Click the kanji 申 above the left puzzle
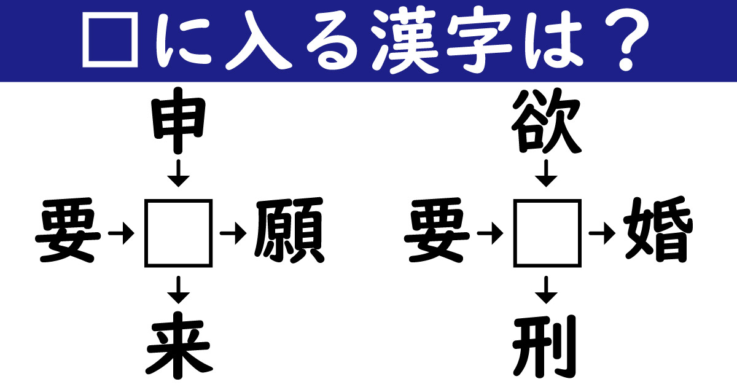point(178,120)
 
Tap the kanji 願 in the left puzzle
point(289,230)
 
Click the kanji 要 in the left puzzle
point(68,230)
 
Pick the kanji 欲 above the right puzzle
point(547,120)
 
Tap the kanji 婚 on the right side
point(658,230)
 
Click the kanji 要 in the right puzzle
point(437,230)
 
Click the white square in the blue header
point(110,14)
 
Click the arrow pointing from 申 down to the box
point(178,173)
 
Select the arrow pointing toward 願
point(233,233)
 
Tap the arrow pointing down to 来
point(178,290)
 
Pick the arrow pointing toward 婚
point(602,233)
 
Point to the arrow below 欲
point(546,173)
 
